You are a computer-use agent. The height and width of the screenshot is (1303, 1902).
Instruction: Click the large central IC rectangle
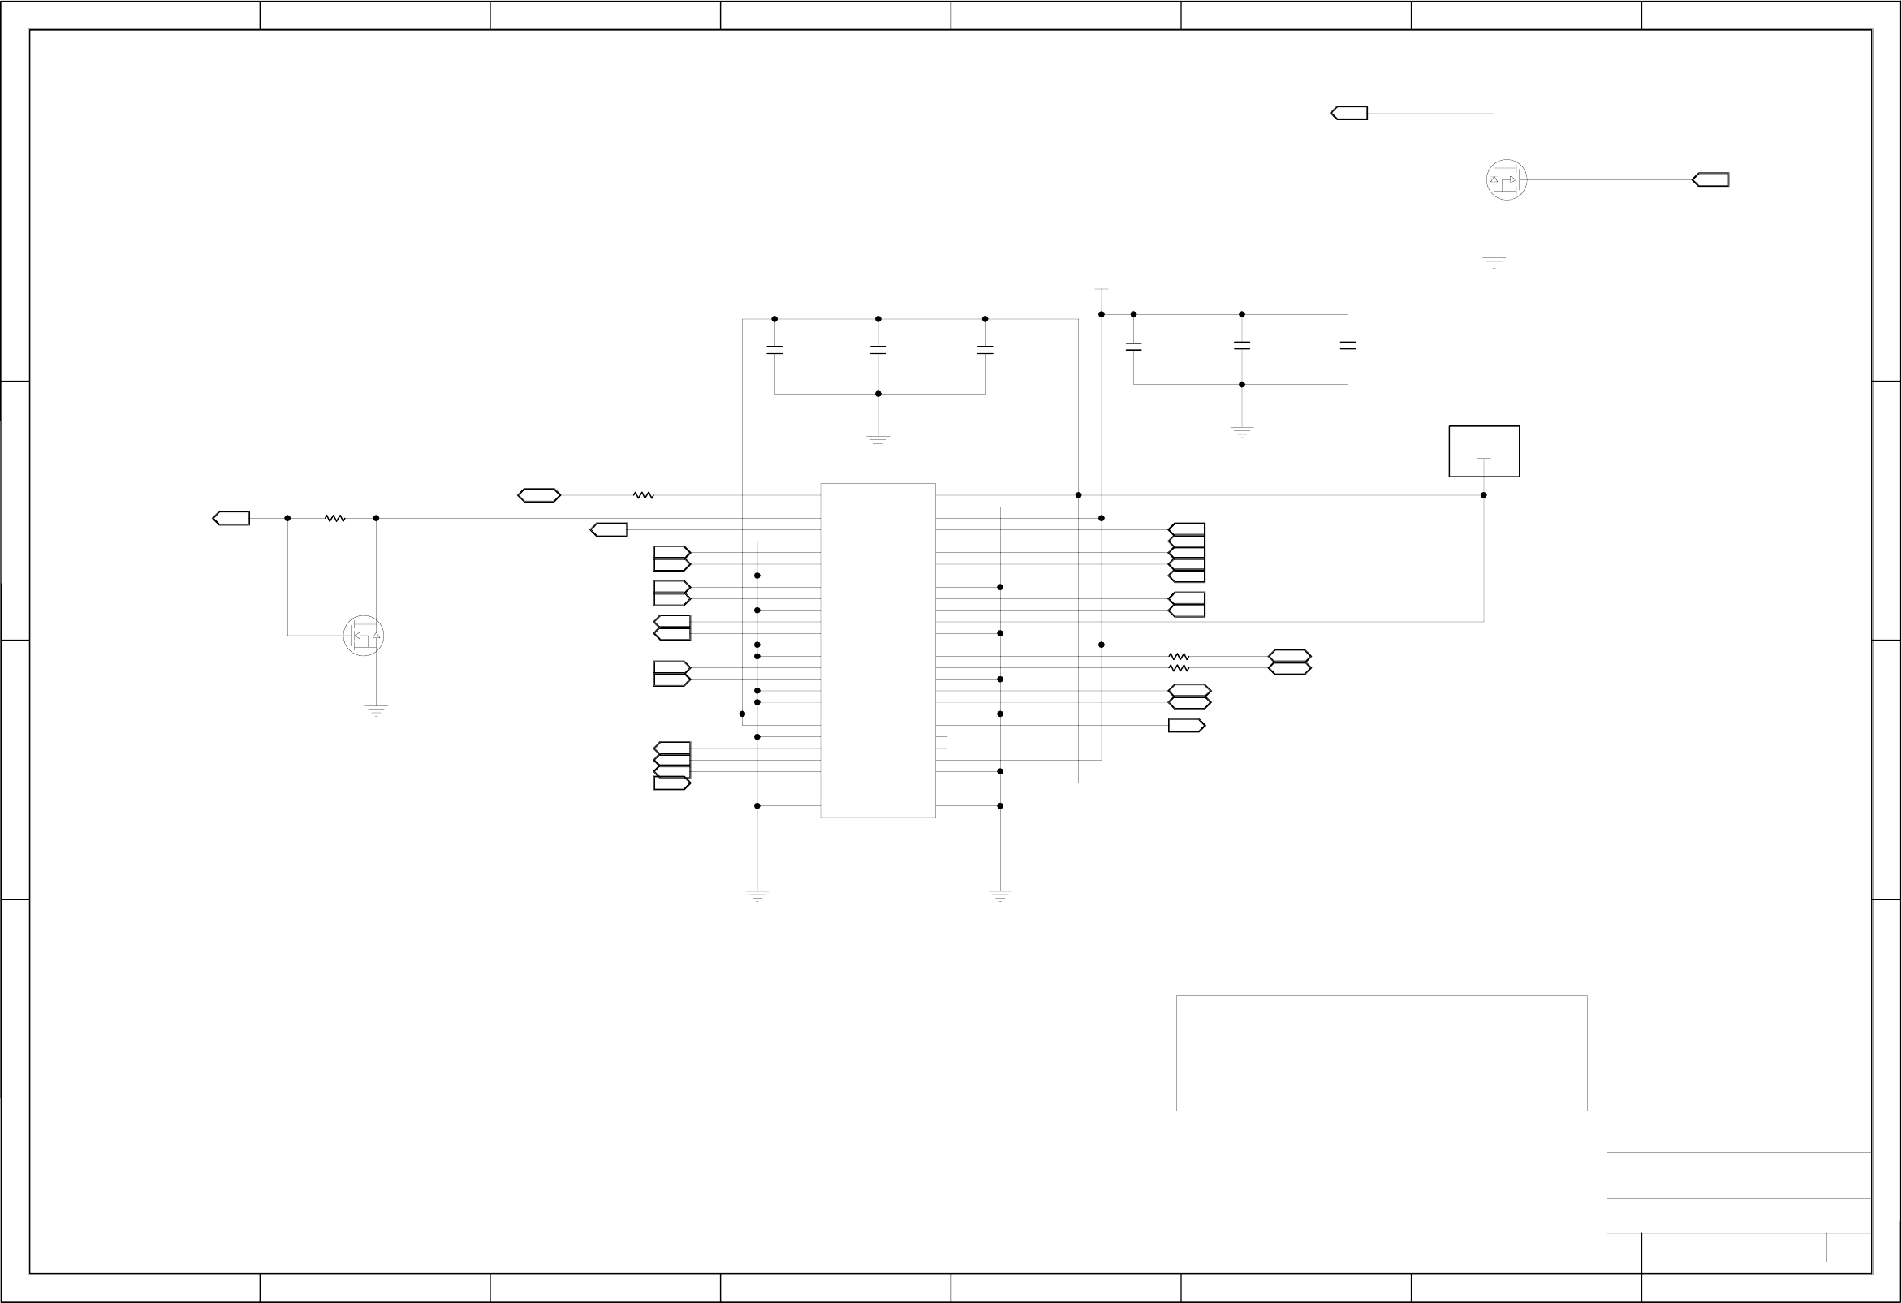tap(878, 649)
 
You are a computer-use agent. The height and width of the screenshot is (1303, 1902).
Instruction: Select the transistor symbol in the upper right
tap(1506, 180)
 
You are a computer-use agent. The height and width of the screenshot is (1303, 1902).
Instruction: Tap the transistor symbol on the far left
tap(364, 635)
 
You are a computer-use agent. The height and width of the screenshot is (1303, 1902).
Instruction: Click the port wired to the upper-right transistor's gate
tap(1710, 180)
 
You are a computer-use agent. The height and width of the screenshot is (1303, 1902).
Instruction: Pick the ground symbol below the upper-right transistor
tap(1494, 262)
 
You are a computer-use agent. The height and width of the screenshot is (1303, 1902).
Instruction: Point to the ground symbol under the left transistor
tap(376, 710)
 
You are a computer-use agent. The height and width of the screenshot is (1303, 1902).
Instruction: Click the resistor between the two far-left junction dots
tap(334, 518)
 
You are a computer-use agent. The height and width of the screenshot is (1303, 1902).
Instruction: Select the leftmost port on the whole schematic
tap(231, 518)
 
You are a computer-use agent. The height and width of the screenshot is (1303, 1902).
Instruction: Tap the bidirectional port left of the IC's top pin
tap(538, 495)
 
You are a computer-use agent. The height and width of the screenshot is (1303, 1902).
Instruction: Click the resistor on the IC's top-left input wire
tap(643, 495)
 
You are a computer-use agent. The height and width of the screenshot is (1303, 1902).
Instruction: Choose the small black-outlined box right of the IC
tap(1484, 451)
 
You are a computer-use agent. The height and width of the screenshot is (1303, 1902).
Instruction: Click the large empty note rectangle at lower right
tap(1382, 1054)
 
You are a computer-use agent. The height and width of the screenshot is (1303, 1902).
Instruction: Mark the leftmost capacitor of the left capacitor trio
tap(774, 350)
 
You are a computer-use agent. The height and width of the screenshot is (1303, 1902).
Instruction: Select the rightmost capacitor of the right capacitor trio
tap(1348, 346)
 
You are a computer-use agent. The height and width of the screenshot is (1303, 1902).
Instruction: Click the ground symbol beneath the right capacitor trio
tap(1241, 430)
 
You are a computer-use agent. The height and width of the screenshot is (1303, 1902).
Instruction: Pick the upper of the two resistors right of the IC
tap(1179, 657)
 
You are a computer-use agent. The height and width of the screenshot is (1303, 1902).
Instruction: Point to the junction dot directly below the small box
tap(1483, 495)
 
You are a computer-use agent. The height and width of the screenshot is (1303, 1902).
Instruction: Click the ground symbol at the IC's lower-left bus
tap(757, 895)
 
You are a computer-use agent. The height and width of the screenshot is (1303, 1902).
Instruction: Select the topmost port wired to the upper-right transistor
tap(1349, 113)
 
